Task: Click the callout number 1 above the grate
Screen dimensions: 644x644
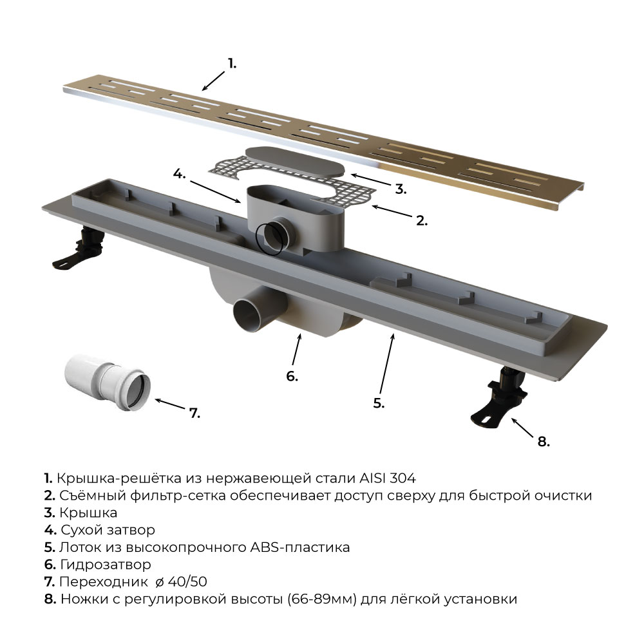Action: [x=232, y=64]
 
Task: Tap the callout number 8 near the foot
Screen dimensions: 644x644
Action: [x=544, y=442]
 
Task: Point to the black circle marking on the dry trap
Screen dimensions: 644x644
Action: [x=269, y=240]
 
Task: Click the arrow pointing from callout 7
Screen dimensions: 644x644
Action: [x=170, y=404]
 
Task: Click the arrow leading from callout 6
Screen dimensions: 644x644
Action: [x=296, y=349]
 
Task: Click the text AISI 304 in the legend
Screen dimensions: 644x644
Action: [x=388, y=478]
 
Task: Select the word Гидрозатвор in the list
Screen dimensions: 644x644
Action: [x=106, y=565]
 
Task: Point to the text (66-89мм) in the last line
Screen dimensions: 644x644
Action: [x=321, y=599]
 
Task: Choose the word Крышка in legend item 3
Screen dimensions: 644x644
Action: [x=88, y=513]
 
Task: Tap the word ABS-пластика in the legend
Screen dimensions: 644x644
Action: [x=300, y=547]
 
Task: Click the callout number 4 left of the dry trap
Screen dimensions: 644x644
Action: [x=179, y=174]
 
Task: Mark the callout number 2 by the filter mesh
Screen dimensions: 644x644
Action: [x=422, y=220]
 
